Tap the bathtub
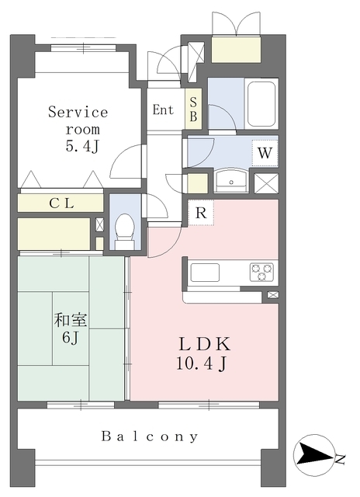click(261, 104)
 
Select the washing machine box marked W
click(265, 153)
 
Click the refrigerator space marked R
click(201, 213)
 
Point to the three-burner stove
click(261, 273)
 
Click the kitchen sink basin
click(205, 273)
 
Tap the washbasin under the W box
click(231, 181)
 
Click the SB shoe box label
click(193, 109)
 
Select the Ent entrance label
click(163, 109)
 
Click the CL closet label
click(62, 203)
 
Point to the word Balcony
click(150, 436)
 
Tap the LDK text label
click(205, 344)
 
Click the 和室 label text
click(71, 320)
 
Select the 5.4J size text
click(83, 146)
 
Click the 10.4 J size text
click(202, 364)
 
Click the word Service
click(78, 112)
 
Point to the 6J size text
click(70, 338)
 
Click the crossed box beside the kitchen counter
click(273, 295)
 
